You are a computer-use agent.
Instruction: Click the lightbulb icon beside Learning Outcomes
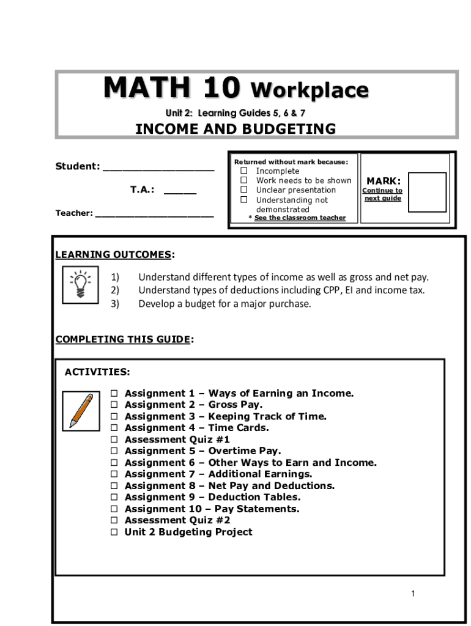coord(79,284)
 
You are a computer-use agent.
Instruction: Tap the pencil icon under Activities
coord(81,410)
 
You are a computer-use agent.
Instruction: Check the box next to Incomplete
coord(243,171)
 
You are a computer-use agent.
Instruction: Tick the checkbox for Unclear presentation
coord(243,190)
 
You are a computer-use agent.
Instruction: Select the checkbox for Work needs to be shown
coord(243,180)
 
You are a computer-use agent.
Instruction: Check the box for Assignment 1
coord(114,394)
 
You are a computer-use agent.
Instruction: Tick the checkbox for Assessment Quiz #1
coord(114,440)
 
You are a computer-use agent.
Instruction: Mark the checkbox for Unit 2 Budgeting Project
coord(114,532)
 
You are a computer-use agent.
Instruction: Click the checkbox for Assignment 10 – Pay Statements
coord(114,509)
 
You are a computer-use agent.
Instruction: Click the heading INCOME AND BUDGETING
coord(236,129)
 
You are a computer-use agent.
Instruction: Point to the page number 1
coord(414,594)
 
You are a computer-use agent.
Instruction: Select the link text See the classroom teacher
coord(300,218)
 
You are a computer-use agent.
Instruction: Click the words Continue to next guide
coord(382,194)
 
